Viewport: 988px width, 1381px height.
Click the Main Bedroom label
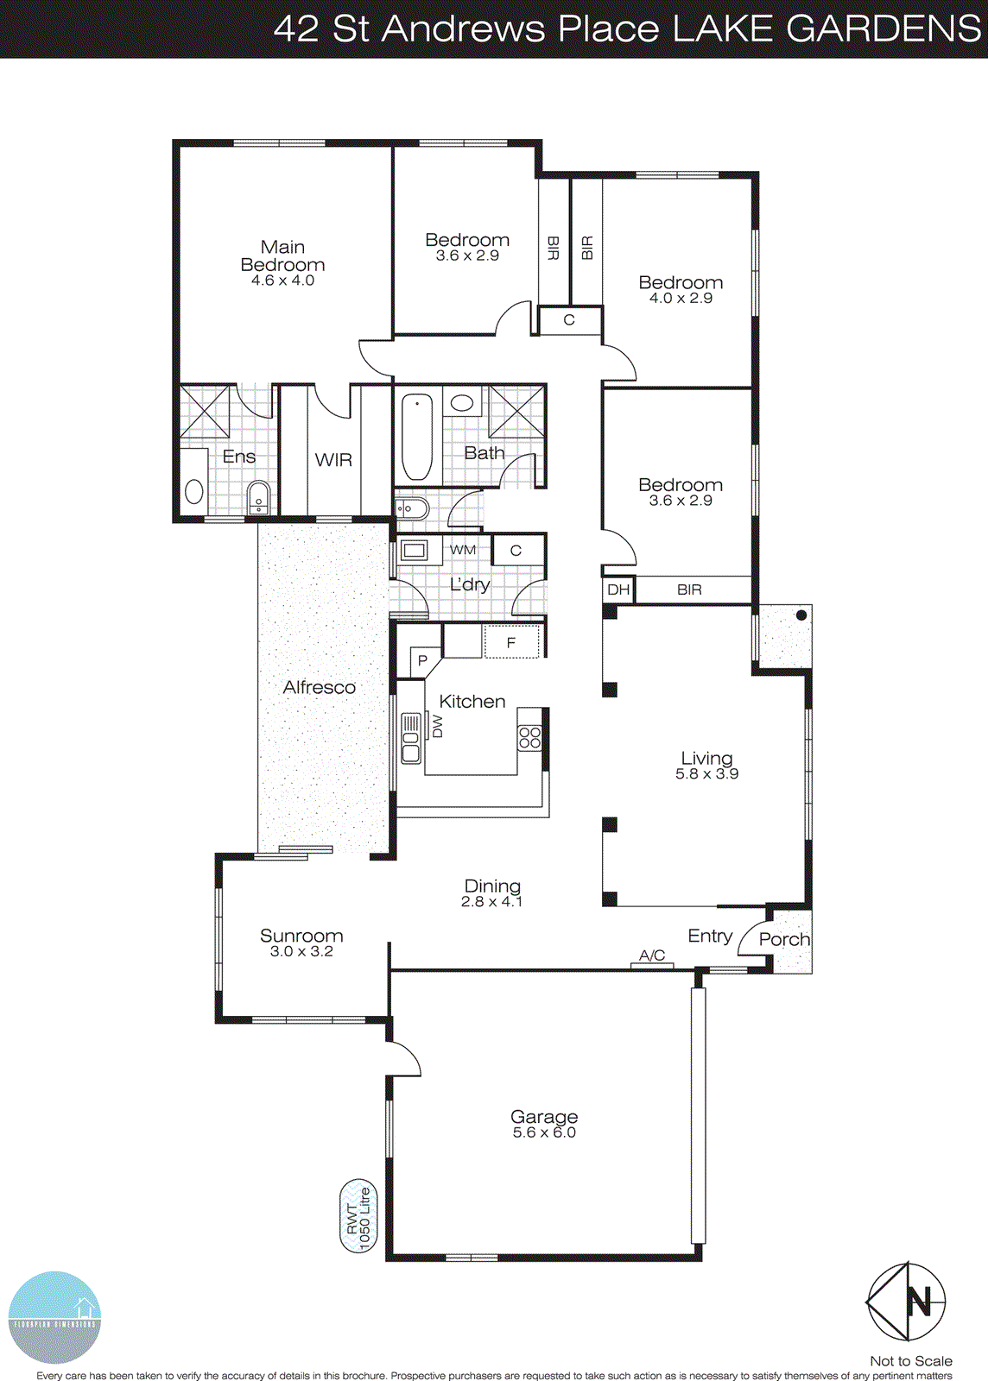(x=282, y=256)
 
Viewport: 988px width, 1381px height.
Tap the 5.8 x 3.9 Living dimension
(x=706, y=774)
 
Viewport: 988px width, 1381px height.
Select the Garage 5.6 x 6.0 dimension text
(x=544, y=1132)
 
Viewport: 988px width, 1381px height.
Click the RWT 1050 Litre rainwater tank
(x=358, y=1216)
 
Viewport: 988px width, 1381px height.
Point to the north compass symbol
(x=906, y=1301)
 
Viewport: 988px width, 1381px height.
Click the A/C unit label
(x=652, y=955)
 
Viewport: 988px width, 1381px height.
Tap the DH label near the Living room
(x=618, y=590)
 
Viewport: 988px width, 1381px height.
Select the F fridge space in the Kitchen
(x=511, y=643)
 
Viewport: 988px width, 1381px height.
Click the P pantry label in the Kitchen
(x=422, y=661)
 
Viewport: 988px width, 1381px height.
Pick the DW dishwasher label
(x=437, y=726)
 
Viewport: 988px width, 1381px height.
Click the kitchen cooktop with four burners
(x=529, y=738)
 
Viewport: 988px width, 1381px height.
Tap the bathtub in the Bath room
(x=417, y=436)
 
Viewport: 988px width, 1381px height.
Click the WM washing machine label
(x=463, y=550)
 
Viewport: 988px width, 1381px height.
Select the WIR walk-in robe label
(x=333, y=460)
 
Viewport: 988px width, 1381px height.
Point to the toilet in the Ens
(x=257, y=498)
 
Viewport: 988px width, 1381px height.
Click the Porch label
(x=784, y=939)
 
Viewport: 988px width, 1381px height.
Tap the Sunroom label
(x=301, y=936)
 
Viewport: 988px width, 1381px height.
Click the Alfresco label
(x=319, y=687)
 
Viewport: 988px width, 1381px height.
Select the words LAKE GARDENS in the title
(x=826, y=28)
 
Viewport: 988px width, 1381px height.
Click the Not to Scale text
(x=910, y=1361)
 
